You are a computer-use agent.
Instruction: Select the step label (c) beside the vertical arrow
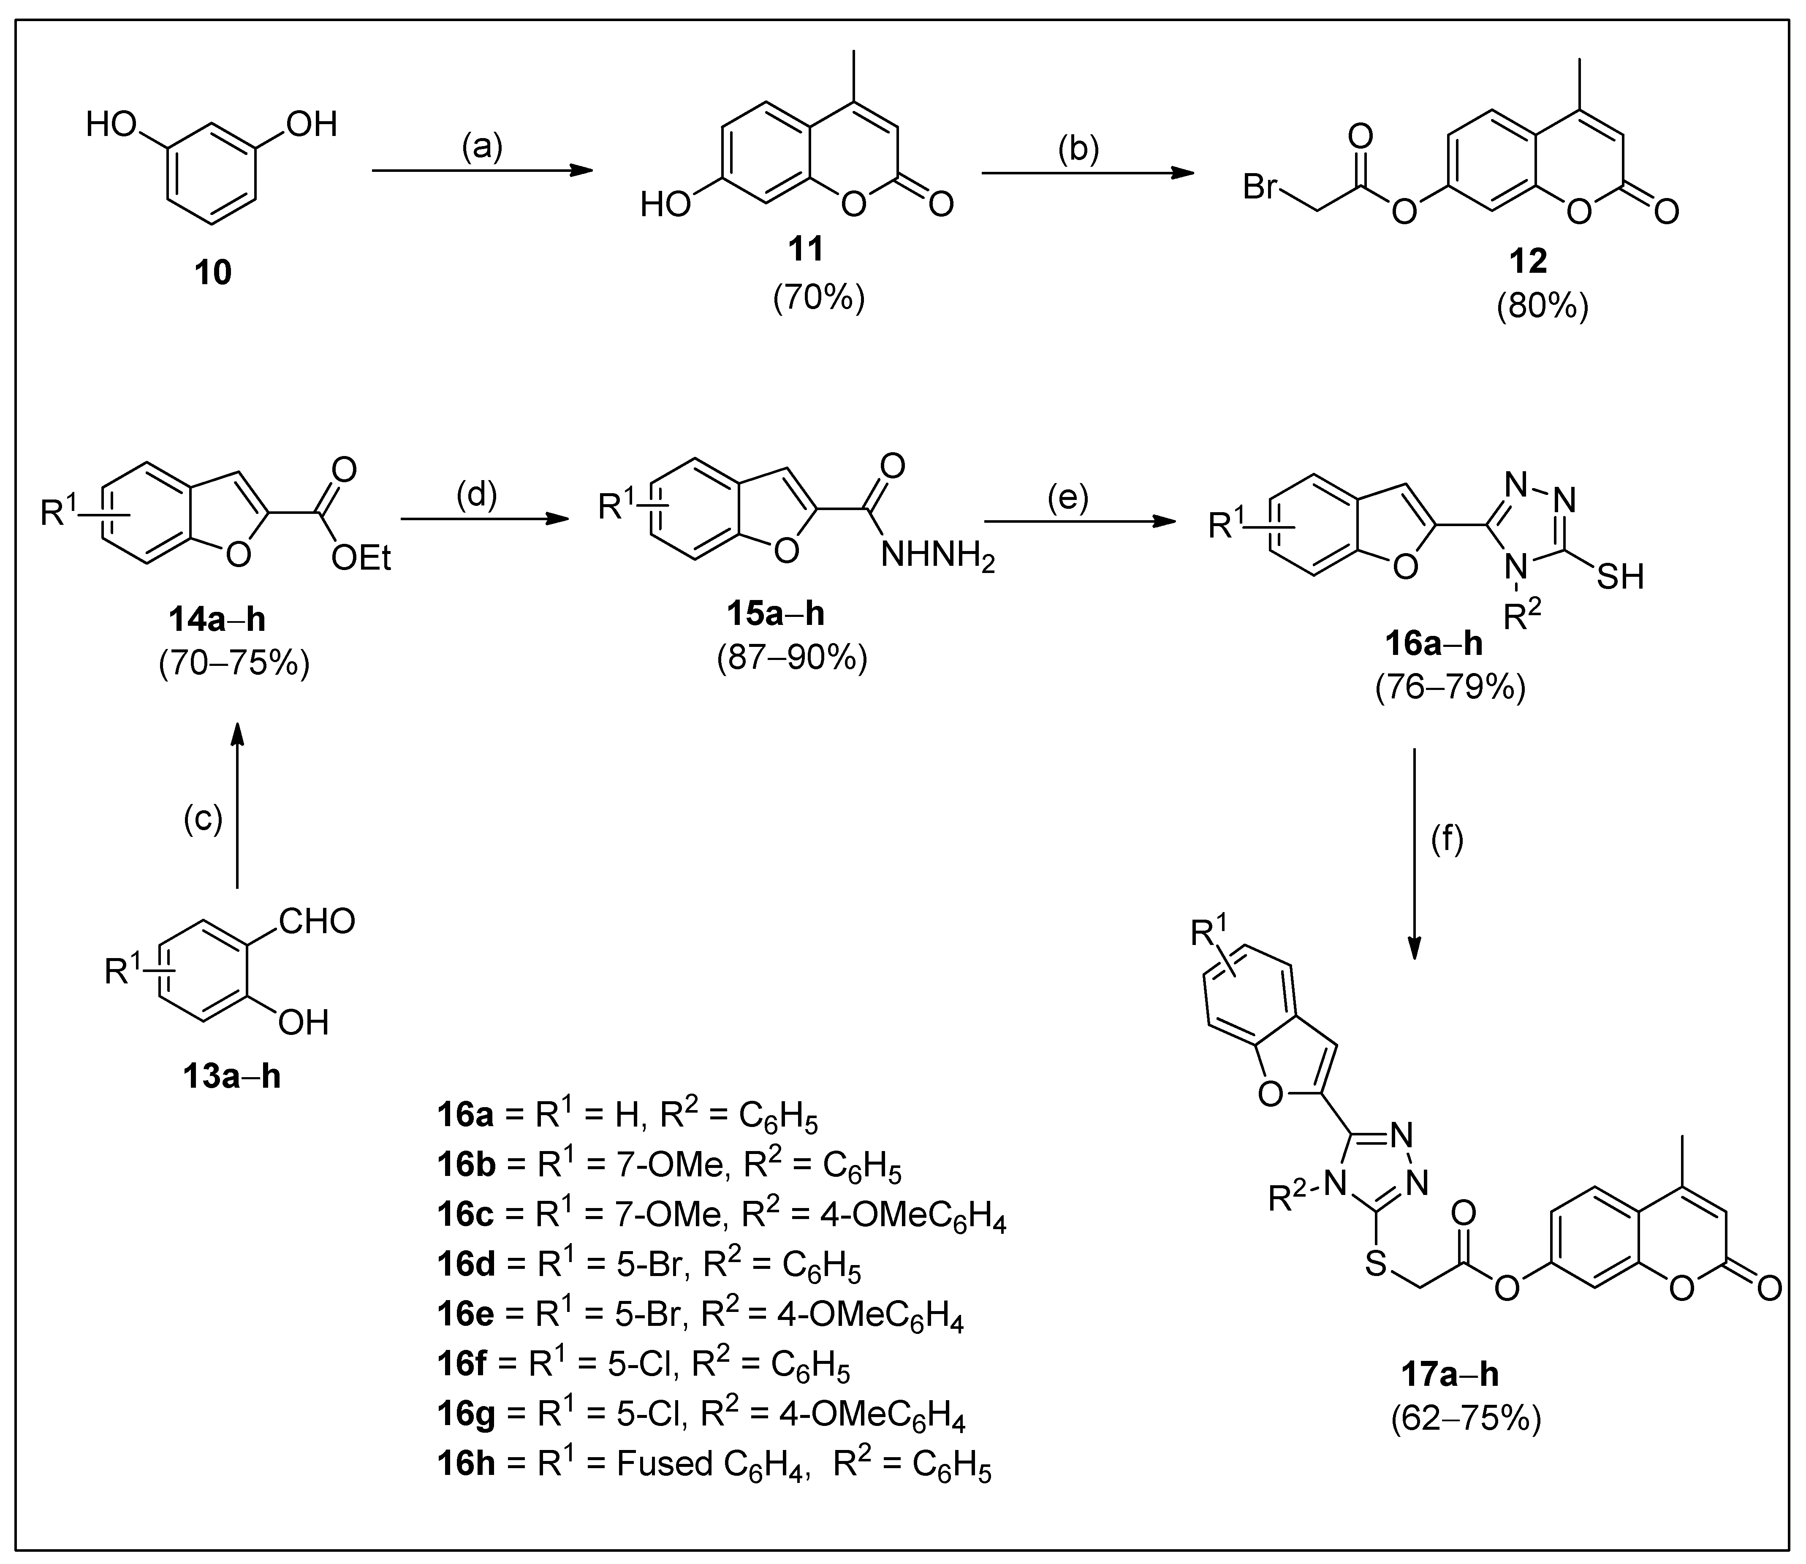(x=203, y=819)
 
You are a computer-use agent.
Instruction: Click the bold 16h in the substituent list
(x=466, y=1463)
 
